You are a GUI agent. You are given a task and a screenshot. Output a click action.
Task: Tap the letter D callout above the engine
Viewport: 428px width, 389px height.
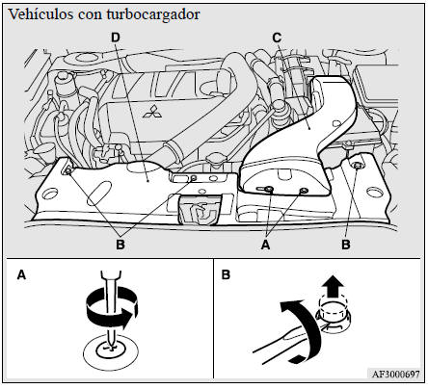(x=116, y=38)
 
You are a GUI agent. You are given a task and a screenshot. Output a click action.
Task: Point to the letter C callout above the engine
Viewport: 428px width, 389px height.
(x=277, y=38)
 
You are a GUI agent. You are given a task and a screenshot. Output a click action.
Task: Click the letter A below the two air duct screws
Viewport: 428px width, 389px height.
(x=265, y=245)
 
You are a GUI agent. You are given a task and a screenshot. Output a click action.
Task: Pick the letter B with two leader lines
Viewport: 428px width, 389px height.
(x=120, y=245)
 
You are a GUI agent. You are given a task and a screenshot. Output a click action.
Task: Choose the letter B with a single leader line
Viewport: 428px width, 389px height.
(x=346, y=245)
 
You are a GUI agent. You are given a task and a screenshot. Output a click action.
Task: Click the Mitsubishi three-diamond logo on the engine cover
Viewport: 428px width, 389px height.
(x=152, y=111)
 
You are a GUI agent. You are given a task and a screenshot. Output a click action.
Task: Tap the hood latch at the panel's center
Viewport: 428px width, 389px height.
(x=200, y=209)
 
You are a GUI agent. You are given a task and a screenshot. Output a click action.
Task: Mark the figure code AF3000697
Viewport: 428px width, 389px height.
(x=395, y=374)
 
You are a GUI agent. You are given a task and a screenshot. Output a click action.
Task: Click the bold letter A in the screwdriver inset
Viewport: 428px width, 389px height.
(x=21, y=275)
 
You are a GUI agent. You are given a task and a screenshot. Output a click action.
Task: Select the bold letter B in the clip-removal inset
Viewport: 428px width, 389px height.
(x=226, y=275)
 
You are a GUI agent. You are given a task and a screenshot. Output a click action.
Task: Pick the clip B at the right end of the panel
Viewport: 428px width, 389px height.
(x=357, y=166)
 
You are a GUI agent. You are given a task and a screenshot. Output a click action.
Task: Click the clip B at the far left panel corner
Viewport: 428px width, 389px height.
(x=68, y=171)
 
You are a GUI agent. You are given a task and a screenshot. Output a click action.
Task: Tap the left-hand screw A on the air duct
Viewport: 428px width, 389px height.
(x=269, y=190)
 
